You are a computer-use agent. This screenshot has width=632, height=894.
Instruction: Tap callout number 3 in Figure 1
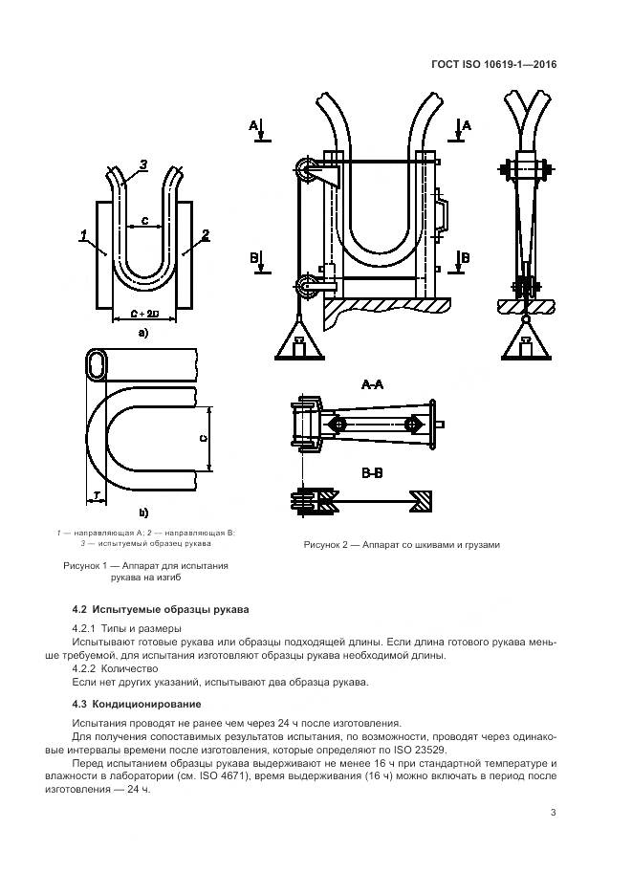click(142, 165)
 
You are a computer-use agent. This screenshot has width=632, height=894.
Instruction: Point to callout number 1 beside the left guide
click(84, 234)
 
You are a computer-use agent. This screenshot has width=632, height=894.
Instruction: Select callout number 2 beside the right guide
click(206, 234)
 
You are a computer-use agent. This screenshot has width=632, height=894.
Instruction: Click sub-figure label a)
click(142, 333)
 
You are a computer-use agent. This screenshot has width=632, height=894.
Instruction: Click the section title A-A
click(372, 384)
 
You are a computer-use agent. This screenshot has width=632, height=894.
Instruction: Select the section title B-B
click(372, 472)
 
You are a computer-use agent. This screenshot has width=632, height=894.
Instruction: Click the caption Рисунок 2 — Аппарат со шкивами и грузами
click(402, 544)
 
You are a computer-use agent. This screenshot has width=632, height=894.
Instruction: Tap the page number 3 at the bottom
click(554, 812)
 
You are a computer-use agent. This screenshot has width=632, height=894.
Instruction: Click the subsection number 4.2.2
click(88, 668)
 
